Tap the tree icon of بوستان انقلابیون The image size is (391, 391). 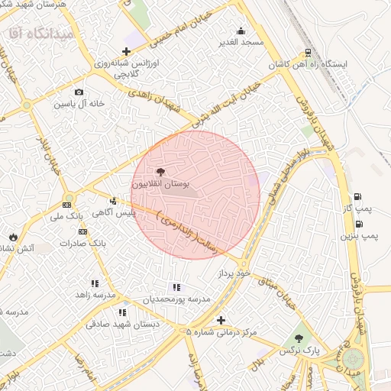point(160,173)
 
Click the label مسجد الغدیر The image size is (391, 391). point(241,42)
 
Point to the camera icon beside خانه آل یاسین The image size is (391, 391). point(79,92)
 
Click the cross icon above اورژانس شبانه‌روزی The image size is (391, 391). point(126,50)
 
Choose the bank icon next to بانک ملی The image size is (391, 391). point(67,204)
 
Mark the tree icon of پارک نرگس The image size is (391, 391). point(299,338)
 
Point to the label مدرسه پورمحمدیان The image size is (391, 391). point(176,299)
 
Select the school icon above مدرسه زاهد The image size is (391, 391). point(95,283)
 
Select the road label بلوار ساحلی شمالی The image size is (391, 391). point(287,182)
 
